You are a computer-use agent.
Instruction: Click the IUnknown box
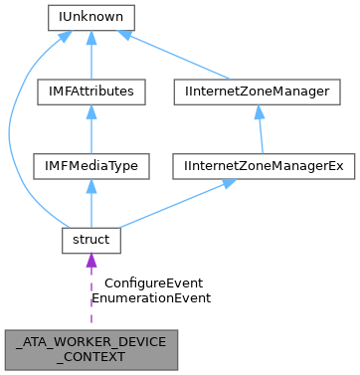[x=90, y=18]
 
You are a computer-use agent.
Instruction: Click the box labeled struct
[x=90, y=240]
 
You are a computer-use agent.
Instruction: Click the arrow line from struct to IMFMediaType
[x=90, y=205]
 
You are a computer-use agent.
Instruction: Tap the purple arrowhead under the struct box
[x=90, y=263]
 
